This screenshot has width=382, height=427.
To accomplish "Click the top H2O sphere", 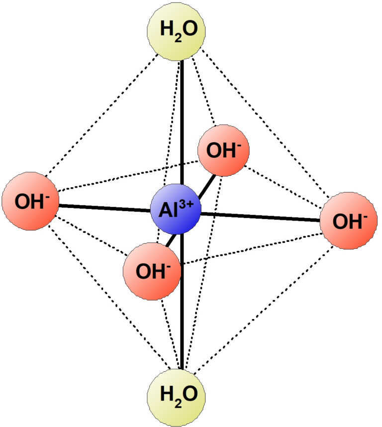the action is [176, 31].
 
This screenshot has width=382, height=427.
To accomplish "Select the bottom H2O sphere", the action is [176, 398].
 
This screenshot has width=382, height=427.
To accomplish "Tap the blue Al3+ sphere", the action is [176, 209].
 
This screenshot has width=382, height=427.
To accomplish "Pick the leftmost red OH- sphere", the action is [30, 201].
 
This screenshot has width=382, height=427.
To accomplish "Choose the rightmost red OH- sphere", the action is [349, 220].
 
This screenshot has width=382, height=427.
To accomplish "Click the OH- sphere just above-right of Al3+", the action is [224, 151].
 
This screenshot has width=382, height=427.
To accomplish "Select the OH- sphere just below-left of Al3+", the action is [152, 271].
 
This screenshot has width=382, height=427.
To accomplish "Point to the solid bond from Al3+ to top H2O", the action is [182, 122].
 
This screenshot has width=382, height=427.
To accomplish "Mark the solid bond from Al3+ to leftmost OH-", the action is [105, 208].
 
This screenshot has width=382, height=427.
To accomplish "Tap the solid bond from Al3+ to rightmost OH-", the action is [260, 217].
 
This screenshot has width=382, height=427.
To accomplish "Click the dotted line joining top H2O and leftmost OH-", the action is [102, 115].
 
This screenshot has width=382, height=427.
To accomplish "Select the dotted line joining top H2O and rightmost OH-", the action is [265, 122].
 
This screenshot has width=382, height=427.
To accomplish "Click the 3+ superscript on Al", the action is [187, 204].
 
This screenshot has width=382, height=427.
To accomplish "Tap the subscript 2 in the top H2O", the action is [178, 38].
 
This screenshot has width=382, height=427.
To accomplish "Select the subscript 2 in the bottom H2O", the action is [178, 404].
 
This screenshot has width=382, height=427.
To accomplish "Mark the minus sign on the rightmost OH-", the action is [365, 217].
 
